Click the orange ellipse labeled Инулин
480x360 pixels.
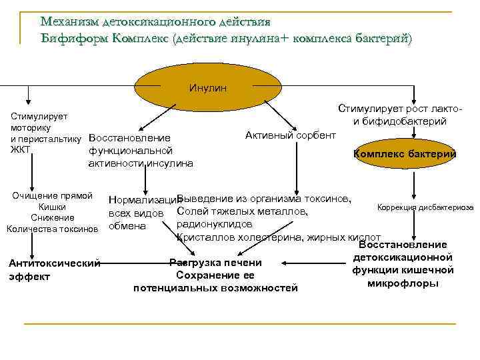[207, 87]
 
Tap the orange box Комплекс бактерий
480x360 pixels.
[405, 154]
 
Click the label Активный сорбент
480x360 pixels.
[291, 135]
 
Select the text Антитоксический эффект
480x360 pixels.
[54, 269]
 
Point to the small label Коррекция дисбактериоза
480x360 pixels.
[425, 207]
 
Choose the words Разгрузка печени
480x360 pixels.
[215, 262]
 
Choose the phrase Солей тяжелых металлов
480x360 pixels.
[243, 211]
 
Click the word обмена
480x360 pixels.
[127, 225]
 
